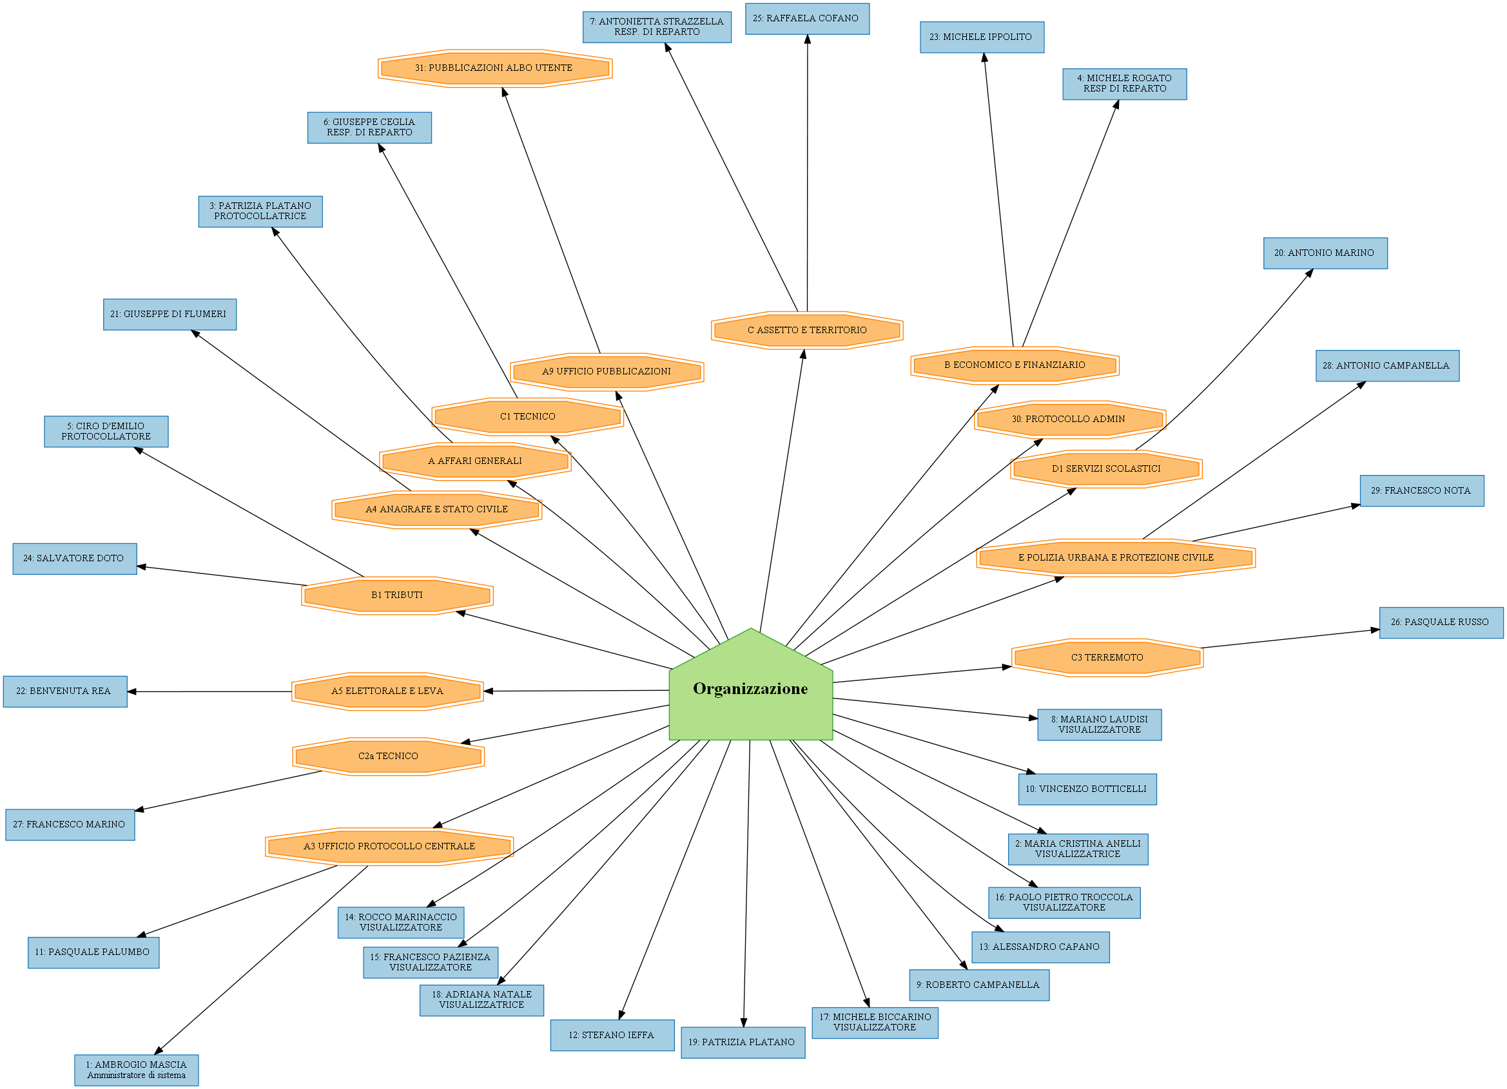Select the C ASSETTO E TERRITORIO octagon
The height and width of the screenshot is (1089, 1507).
[x=806, y=329]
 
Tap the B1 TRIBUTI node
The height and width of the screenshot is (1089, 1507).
[x=396, y=595]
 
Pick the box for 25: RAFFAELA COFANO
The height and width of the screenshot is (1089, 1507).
[x=806, y=19]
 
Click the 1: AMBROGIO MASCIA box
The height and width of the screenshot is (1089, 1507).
[x=136, y=1070]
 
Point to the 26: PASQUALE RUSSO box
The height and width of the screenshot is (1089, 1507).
[x=1441, y=622]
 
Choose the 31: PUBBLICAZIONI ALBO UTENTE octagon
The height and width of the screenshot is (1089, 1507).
[x=494, y=68]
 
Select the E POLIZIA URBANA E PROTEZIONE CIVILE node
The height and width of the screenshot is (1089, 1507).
[x=1116, y=557]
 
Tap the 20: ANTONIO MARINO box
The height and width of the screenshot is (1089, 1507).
[x=1325, y=253]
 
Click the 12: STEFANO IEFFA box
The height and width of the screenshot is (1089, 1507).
[x=612, y=1035]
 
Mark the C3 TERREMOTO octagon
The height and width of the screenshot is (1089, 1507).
[x=1107, y=657]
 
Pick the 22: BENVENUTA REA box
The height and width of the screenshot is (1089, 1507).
[x=64, y=691]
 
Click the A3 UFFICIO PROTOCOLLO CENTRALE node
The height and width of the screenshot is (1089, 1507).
[x=389, y=846]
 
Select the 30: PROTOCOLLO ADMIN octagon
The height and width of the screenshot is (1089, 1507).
[x=1069, y=419]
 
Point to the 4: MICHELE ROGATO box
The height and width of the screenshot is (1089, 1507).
[x=1124, y=84]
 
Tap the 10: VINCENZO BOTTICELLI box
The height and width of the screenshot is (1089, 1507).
[x=1086, y=789]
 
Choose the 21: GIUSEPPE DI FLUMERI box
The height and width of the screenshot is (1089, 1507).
[x=170, y=314]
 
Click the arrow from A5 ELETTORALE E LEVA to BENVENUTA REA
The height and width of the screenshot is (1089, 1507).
[x=209, y=691]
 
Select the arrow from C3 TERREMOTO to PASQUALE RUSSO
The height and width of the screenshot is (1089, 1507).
[x=1289, y=639]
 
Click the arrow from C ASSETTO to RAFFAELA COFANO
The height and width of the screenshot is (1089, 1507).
[x=807, y=173]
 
